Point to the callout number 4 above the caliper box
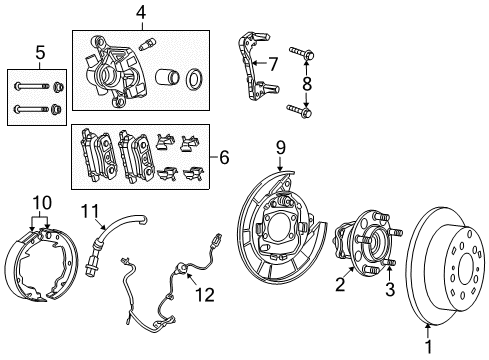142,13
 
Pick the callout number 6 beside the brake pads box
222,157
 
